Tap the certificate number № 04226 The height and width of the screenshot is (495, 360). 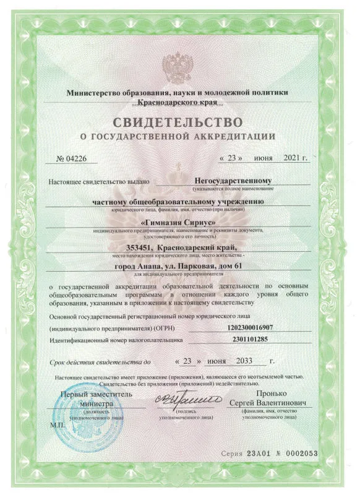[x=72, y=158]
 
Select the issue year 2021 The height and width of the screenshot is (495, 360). [x=294, y=158]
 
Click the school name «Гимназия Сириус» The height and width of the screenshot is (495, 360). [x=179, y=221]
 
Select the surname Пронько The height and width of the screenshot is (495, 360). [x=273, y=395]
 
